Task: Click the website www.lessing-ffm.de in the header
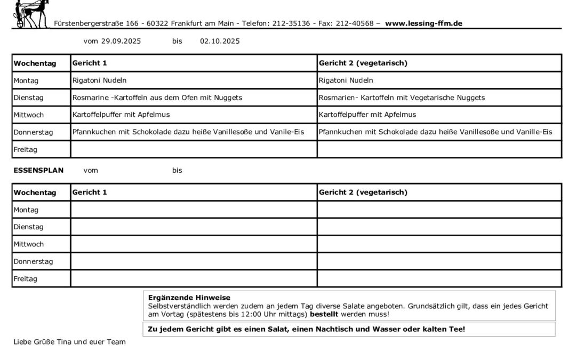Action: tap(423, 23)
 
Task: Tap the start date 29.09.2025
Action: tap(121, 42)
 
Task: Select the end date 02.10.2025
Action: tap(220, 42)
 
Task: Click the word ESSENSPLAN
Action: tap(38, 171)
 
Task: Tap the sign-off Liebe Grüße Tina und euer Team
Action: tap(69, 342)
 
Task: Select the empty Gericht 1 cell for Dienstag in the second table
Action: tap(194, 227)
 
